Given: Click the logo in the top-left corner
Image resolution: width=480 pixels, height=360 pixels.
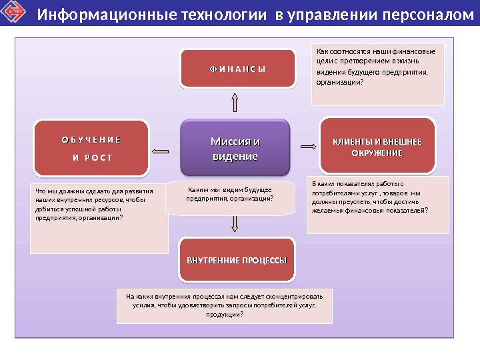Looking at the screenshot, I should [x=14, y=14].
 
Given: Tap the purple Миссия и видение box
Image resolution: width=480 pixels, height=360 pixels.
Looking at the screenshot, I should [x=235, y=149].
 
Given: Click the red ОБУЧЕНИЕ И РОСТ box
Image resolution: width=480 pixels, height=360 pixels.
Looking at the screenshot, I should [x=91, y=149].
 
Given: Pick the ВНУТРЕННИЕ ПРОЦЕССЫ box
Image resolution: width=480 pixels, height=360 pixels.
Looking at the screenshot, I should [x=237, y=259].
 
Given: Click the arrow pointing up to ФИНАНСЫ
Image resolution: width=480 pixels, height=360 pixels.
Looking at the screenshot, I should [x=235, y=102].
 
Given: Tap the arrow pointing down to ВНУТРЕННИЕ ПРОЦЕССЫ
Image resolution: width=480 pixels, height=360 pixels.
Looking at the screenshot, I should [x=235, y=225].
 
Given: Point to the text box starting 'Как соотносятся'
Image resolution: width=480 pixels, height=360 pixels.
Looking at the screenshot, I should [x=378, y=75].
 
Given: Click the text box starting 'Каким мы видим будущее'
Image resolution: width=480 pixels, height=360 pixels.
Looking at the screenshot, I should [x=230, y=197].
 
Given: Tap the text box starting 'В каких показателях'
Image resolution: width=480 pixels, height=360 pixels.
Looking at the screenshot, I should [x=378, y=205].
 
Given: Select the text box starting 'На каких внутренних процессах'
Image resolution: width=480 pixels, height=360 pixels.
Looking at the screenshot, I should [x=224, y=305].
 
